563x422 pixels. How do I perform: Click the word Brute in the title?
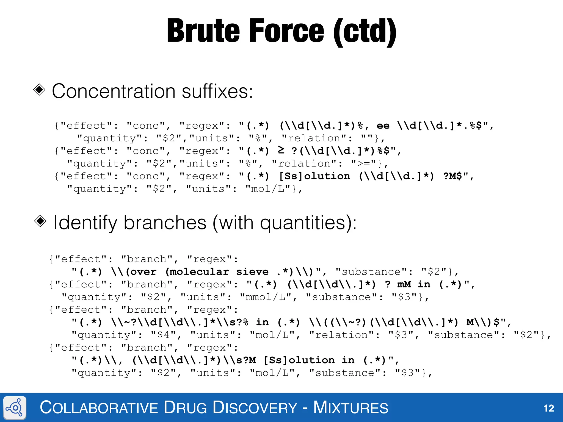pyautogui.click(x=203, y=31)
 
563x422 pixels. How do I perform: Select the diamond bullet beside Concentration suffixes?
pyautogui.click(x=39, y=90)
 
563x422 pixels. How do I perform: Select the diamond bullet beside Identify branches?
pyautogui.click(x=40, y=221)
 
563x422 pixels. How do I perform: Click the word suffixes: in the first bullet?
pyautogui.click(x=217, y=91)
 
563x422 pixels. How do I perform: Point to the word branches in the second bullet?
pyautogui.click(x=165, y=223)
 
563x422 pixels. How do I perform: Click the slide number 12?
pyautogui.click(x=549, y=408)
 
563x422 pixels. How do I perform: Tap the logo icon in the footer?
pyautogui.click(x=15, y=408)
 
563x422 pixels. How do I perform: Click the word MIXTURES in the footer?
pyautogui.click(x=351, y=407)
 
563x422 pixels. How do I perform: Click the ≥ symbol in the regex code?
pyautogui.click(x=281, y=150)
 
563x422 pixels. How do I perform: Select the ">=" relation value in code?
pyautogui.click(x=364, y=164)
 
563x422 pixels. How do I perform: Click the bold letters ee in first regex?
pyautogui.click(x=383, y=126)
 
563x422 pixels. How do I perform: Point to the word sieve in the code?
pyautogui.click(x=252, y=272)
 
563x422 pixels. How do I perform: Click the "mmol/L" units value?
pyautogui.click(x=266, y=297)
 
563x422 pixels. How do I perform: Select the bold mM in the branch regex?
pyautogui.click(x=404, y=284)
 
